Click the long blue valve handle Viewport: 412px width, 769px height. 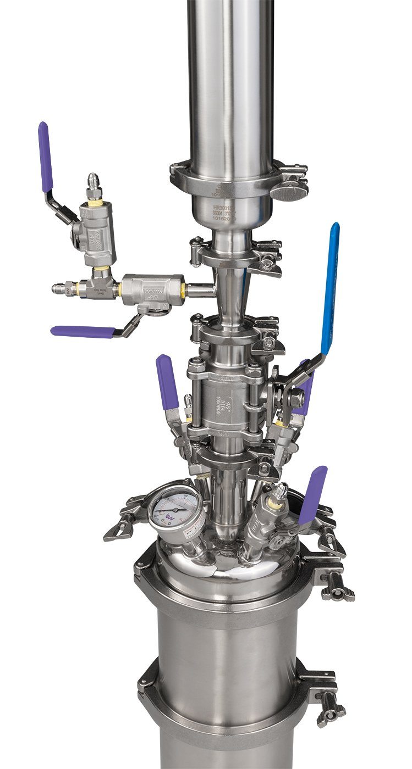coord(330,286)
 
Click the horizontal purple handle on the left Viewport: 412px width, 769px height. coord(83,331)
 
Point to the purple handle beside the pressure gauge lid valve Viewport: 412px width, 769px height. coord(312,494)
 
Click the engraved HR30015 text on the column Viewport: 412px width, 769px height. coord(224,209)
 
